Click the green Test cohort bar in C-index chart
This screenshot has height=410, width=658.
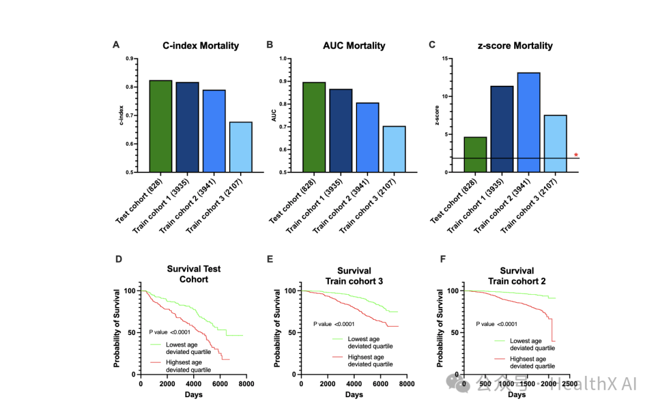tap(161, 126)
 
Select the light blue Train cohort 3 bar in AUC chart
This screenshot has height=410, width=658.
tap(394, 149)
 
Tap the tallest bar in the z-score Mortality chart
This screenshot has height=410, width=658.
tap(528, 122)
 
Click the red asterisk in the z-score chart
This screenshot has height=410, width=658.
tap(576, 155)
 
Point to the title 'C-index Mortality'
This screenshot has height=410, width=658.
tap(200, 46)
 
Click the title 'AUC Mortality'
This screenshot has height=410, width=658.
tap(354, 46)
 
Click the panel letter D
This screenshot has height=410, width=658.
tap(118, 259)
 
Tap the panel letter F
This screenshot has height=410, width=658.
tap(442, 259)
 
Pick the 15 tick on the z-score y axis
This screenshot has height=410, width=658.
tap(445, 58)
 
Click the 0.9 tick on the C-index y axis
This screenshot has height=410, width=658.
tap(129, 58)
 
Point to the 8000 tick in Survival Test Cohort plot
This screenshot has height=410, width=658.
tap(247, 384)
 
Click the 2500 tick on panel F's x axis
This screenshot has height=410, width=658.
tap(570, 384)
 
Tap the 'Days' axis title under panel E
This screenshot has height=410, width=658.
tap(353, 395)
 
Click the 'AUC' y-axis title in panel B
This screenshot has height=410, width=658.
tap(274, 116)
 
